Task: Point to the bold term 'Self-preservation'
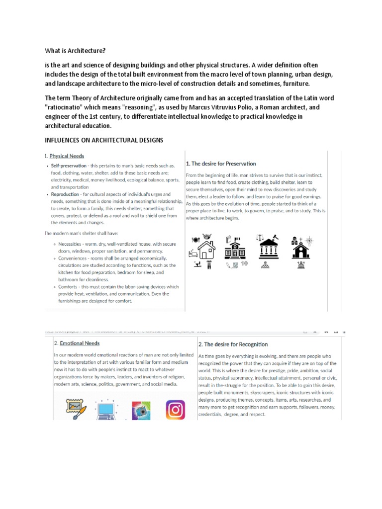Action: coord(64,166)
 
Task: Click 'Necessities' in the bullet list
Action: coord(71,244)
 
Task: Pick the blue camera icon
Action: coord(141,411)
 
